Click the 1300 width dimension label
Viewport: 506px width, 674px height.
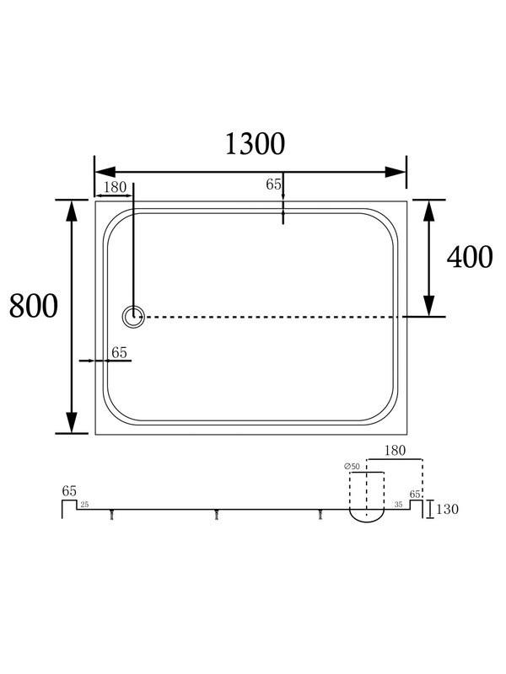pos(255,143)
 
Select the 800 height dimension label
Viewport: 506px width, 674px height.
pos(34,306)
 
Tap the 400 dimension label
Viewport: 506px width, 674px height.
pos(470,257)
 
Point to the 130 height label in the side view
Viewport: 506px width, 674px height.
pos(448,509)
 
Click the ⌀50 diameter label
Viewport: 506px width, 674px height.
pos(352,467)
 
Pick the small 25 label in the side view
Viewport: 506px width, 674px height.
pos(84,505)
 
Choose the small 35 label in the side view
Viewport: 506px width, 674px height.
pos(398,505)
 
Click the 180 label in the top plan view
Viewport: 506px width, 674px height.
pos(115,187)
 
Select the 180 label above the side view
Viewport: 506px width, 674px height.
pos(395,451)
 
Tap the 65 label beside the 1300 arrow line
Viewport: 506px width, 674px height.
pos(273,184)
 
